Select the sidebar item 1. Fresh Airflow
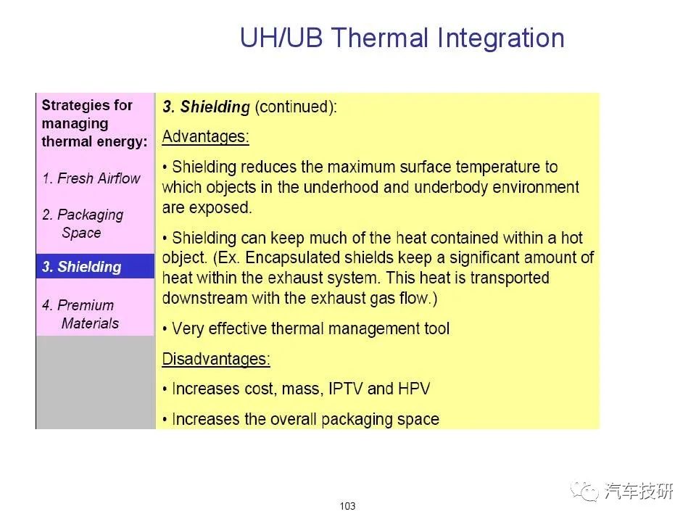tap(91, 178)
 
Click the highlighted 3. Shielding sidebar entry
tap(95, 266)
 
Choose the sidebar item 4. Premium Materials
tap(80, 314)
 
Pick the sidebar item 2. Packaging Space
tap(83, 223)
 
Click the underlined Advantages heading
tap(205, 136)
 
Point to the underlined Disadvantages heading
tap(216, 359)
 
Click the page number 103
tap(347, 506)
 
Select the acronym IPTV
tap(345, 389)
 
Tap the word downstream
tap(204, 298)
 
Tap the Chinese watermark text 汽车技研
tap(639, 492)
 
